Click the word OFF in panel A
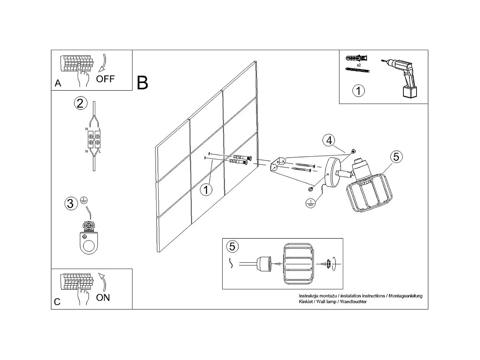(105, 79)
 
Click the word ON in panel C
(103, 298)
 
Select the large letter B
(143, 83)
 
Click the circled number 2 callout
(80, 103)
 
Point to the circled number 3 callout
(70, 204)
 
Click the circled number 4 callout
(329, 140)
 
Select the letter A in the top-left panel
(58, 83)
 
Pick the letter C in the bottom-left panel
(57, 302)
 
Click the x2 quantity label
(359, 65)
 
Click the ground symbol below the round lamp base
(310, 202)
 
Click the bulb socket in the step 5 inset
(264, 263)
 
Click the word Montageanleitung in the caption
(405, 296)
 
